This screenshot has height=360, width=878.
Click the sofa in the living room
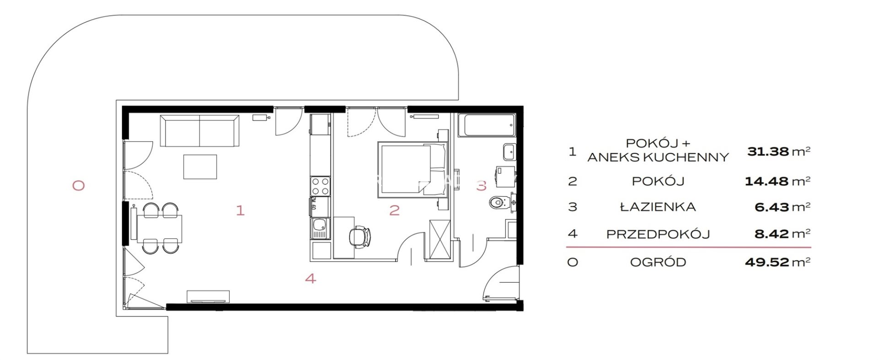coord(199,131)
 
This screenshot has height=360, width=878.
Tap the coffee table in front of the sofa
coord(200,167)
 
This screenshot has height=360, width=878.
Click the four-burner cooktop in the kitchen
coord(320,186)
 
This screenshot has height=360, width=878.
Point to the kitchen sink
coord(320,228)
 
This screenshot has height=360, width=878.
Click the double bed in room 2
coord(412,170)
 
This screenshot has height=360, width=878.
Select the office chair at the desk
coord(359,237)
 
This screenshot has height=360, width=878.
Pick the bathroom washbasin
coord(509,151)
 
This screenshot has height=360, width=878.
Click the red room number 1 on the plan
coord(240,210)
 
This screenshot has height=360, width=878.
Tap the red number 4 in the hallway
coord(311,278)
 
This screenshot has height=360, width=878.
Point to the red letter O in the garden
coord(79,186)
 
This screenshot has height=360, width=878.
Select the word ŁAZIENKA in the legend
coord(658,207)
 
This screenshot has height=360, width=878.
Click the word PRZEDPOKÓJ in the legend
coord(658,234)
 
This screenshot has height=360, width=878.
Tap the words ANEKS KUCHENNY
coord(658,157)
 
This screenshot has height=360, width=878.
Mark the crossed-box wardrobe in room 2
coord(440,239)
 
